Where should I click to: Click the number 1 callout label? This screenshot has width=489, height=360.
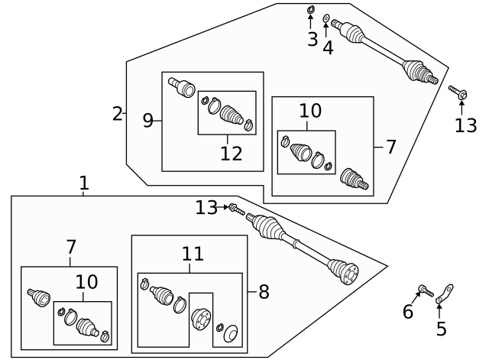tap(84, 183)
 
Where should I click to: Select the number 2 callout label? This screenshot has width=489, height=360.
tap(117, 115)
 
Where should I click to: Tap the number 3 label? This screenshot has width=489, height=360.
tap(312, 40)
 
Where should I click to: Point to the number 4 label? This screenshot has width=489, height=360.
tap(328, 47)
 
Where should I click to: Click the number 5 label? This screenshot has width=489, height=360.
tap(441, 329)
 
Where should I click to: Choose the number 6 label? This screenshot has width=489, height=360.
tap(408, 311)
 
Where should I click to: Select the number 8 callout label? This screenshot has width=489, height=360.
tap(264, 291)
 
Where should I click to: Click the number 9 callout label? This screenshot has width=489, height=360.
tap(148, 119)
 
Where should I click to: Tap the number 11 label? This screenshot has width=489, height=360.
tap(192, 254)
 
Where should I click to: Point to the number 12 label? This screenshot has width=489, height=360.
tap(231, 154)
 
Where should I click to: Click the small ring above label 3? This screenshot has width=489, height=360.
tap(310, 10)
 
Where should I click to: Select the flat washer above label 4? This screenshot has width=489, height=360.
tap(327, 17)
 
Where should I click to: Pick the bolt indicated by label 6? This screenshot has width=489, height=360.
tap(425, 290)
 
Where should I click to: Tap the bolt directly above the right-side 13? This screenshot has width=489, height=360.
tap(461, 94)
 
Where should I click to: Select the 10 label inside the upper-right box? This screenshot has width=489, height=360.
tap(310, 111)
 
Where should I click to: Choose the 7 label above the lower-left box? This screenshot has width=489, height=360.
tap(70, 248)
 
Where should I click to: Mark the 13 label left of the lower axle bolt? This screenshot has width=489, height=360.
tap(206, 207)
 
